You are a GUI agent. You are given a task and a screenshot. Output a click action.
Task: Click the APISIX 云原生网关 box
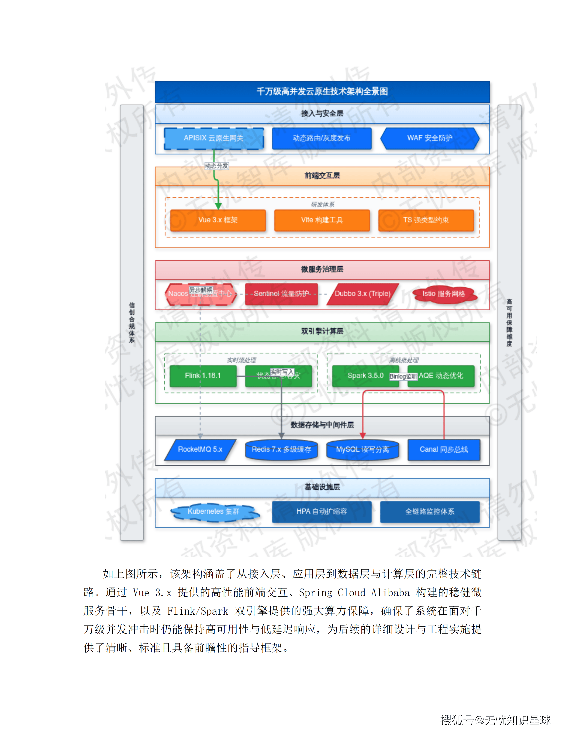[213, 138]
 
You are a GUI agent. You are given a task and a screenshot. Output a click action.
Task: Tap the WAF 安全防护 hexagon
[430, 138]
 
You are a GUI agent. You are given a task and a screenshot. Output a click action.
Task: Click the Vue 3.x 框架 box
[218, 220]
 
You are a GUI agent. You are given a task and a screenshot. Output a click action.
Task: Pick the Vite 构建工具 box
[322, 220]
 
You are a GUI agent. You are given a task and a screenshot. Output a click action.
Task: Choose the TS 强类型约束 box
[426, 220]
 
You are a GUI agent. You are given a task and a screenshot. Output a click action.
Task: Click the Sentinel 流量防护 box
[281, 294]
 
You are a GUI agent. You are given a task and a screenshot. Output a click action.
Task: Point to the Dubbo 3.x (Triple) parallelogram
[363, 294]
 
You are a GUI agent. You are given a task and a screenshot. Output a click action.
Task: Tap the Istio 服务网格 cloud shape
[444, 294]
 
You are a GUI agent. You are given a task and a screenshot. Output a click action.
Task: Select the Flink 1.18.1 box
[203, 376]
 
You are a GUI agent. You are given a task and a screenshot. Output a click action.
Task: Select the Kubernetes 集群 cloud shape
[213, 512]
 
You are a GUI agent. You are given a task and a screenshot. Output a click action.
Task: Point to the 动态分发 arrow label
[216, 166]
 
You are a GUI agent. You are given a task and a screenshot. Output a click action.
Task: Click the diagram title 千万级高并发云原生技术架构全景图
[322, 91]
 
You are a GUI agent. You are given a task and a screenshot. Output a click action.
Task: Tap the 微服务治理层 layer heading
[322, 269]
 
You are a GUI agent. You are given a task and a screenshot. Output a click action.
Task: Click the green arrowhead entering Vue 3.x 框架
[218, 206]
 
